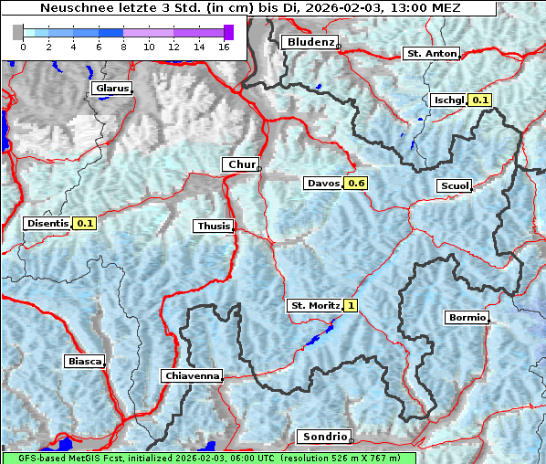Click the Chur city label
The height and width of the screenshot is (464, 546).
click(x=241, y=164)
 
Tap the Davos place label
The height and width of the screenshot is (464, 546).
click(x=323, y=184)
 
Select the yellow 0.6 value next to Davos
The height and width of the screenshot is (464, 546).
click(x=357, y=184)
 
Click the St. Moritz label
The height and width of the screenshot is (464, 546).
click(x=314, y=305)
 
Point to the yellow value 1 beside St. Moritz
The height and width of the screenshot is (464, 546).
click(x=351, y=305)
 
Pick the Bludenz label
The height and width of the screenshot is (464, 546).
click(x=309, y=42)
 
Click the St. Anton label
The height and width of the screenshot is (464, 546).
click(x=430, y=54)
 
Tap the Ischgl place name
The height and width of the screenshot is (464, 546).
click(x=448, y=100)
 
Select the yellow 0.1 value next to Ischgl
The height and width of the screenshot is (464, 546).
click(x=480, y=100)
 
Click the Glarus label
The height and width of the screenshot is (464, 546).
click(x=110, y=89)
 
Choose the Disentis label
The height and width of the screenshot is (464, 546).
click(x=47, y=223)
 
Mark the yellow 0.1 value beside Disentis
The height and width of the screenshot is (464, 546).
click(x=86, y=223)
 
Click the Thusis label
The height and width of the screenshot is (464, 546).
click(x=214, y=226)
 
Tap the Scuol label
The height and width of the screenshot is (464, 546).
click(x=454, y=186)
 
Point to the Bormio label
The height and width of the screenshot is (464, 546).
click(x=467, y=318)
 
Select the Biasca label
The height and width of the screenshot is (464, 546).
click(x=84, y=361)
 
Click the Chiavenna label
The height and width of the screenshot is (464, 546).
click(x=192, y=375)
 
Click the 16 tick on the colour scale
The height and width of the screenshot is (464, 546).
click(x=225, y=46)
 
